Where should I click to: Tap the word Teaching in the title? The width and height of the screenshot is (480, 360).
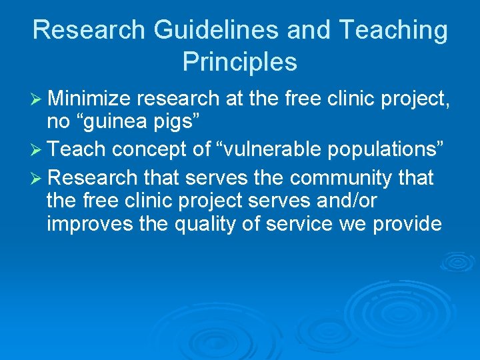tap(393, 30)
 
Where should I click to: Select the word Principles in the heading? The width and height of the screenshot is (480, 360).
tap(239, 62)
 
